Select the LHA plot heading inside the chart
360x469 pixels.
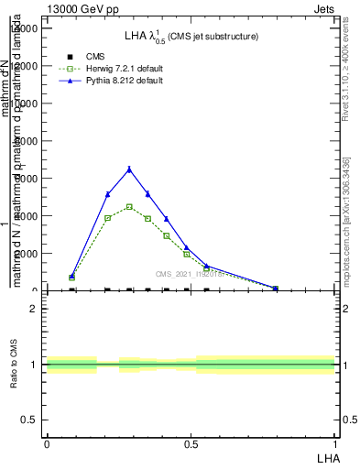click(191, 36)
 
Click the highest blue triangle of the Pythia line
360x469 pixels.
click(129, 169)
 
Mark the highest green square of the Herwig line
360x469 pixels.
click(129, 206)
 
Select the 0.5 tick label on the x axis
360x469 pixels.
click(191, 443)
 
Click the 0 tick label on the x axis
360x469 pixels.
click(47, 443)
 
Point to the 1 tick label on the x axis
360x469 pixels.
click(334, 443)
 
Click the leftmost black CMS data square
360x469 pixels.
click(72, 289)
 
